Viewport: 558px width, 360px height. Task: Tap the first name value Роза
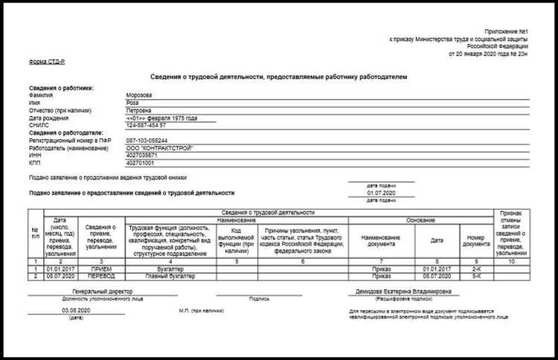(x=133, y=103)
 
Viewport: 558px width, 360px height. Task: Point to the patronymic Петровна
(x=140, y=110)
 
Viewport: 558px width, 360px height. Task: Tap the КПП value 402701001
(x=142, y=163)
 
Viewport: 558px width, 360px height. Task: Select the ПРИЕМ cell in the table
(x=103, y=269)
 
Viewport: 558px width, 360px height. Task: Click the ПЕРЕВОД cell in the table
(x=103, y=276)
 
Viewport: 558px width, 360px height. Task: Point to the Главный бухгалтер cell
(x=170, y=276)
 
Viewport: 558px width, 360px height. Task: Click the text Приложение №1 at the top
(x=508, y=28)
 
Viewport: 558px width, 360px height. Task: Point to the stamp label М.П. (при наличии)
(x=201, y=309)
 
